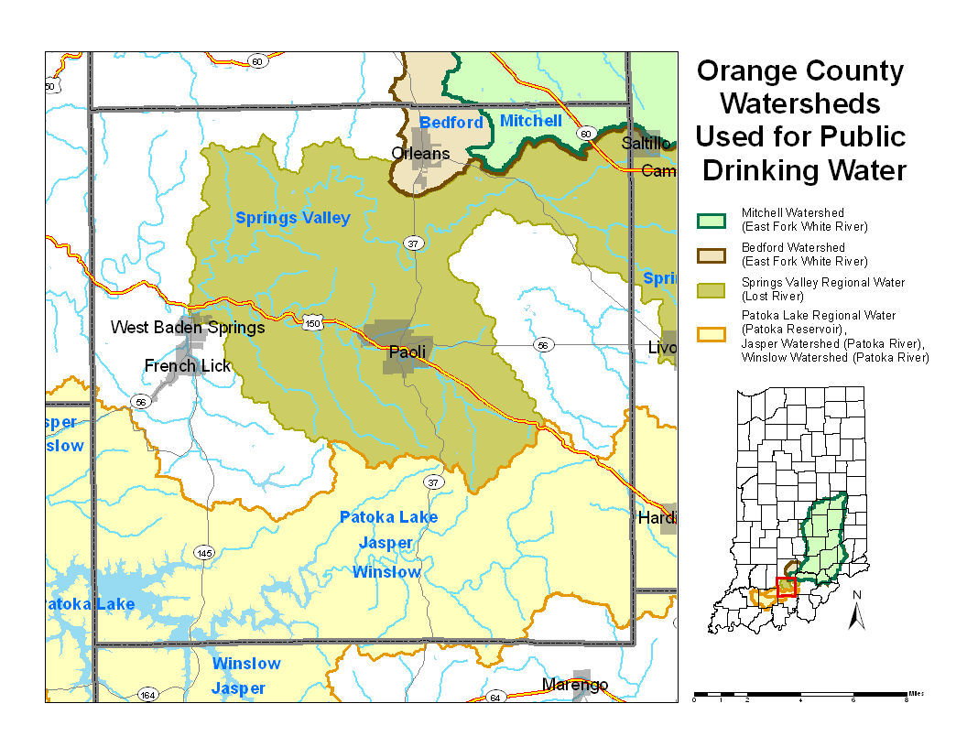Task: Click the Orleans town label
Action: point(420,153)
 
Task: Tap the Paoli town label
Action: point(407,352)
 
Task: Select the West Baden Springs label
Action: point(188,327)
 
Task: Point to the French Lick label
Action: point(188,366)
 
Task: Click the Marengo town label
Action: point(574,685)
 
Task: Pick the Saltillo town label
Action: point(646,144)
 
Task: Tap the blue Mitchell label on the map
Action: point(531,121)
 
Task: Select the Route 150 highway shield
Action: point(313,323)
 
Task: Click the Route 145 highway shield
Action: point(204,553)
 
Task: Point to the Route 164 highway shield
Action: point(147,696)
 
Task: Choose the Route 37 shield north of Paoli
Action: point(413,243)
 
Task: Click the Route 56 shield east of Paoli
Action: point(544,345)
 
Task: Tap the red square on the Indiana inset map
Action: point(785,588)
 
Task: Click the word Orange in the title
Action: point(748,71)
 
